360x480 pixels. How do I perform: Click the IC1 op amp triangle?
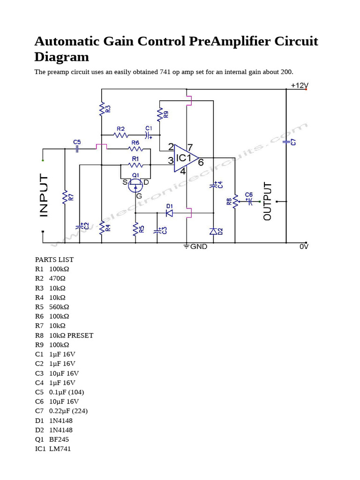[186, 158]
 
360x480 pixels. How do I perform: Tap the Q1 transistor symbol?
[135, 186]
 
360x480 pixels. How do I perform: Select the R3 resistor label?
[108, 109]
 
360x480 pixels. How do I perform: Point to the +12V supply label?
[300, 85]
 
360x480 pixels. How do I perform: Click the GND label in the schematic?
[199, 246]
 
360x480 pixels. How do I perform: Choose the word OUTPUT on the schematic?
[268, 201]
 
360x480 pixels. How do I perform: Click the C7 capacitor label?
[293, 142]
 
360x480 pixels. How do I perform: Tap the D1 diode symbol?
[169, 213]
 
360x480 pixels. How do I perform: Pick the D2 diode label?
[220, 231]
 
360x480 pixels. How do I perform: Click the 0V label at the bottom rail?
[304, 246]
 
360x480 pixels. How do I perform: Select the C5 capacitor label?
[77, 142]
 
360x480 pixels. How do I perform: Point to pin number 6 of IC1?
[201, 163]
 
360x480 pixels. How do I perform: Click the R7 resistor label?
[71, 197]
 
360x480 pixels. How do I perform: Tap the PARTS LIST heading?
[54, 260]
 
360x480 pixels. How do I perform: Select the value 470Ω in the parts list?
[57, 278]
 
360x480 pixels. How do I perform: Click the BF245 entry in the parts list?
[59, 439]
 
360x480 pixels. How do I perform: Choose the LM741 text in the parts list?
[60, 449]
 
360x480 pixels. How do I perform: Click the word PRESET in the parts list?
[80, 335]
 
